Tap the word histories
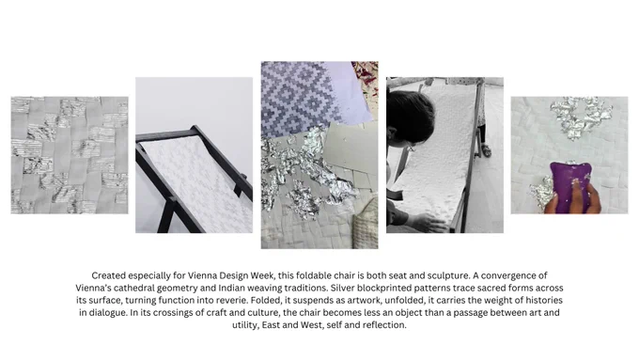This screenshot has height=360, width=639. click(544, 301)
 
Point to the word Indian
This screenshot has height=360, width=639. click(231, 288)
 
